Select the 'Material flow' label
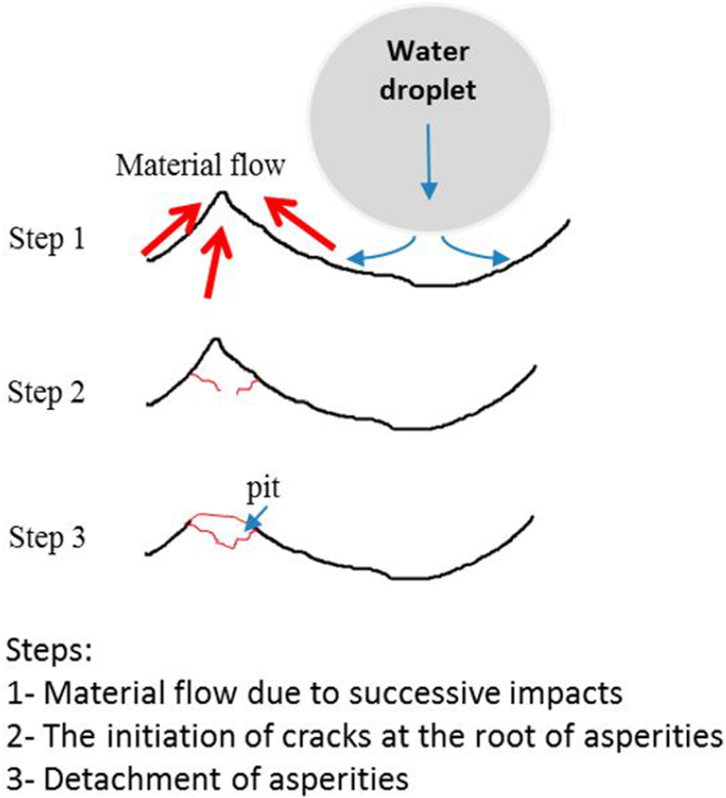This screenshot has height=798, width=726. [200, 165]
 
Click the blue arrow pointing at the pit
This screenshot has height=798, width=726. [255, 518]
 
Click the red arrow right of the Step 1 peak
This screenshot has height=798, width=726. [301, 225]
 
